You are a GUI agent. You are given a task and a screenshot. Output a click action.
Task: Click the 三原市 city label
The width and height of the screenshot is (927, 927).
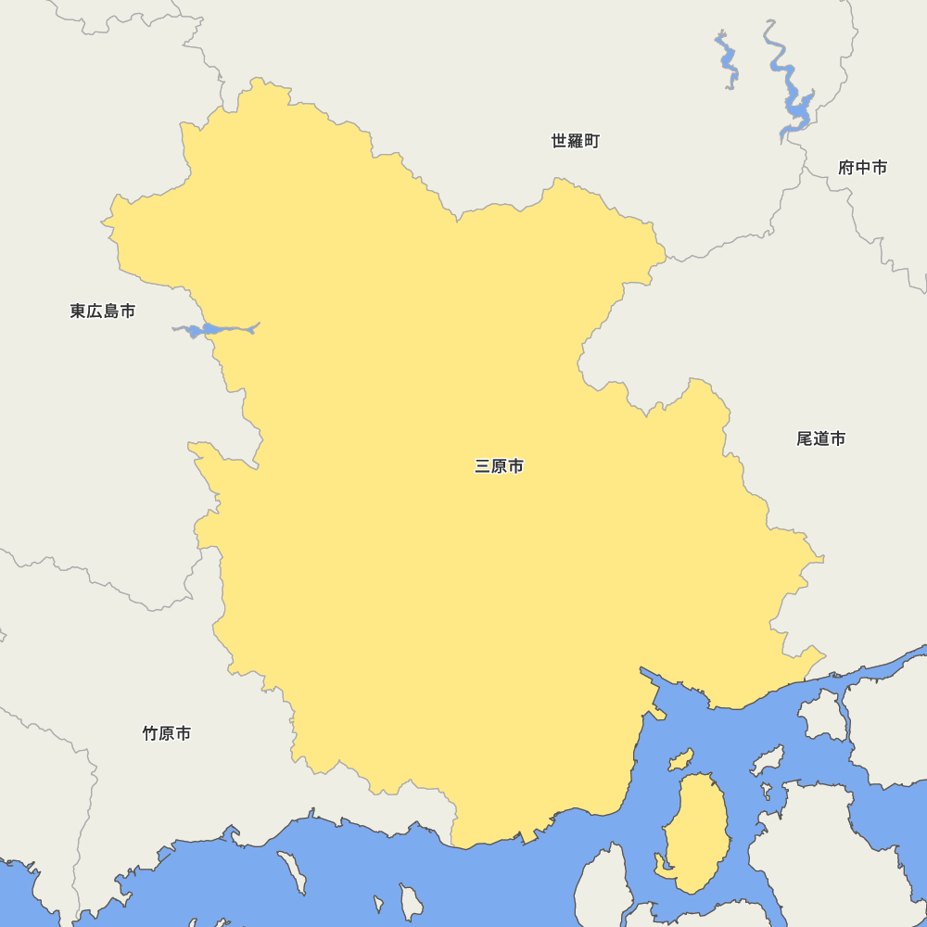(x=499, y=466)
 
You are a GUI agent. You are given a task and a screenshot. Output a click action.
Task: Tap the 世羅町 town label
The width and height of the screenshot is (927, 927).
(x=575, y=141)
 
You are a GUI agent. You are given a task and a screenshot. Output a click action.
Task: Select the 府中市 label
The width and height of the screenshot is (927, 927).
(x=862, y=168)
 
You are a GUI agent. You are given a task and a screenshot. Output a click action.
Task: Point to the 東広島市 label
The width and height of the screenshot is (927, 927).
(x=102, y=311)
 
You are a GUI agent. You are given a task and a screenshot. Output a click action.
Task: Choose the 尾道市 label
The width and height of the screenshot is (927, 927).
(x=820, y=438)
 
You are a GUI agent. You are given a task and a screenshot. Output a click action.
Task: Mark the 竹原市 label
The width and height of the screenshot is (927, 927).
(x=167, y=734)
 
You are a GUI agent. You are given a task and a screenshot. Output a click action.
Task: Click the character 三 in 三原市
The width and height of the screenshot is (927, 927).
(x=482, y=466)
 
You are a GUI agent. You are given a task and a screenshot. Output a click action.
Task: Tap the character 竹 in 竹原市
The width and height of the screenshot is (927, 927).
(x=150, y=734)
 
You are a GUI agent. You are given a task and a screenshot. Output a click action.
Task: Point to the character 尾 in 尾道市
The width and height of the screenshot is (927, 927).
(x=804, y=438)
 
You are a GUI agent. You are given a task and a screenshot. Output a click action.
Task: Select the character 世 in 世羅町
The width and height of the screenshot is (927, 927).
(x=559, y=141)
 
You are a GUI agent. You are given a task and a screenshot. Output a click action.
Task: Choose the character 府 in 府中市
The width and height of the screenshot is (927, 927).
(x=845, y=168)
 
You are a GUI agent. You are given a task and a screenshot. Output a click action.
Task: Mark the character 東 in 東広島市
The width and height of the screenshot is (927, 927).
(x=78, y=311)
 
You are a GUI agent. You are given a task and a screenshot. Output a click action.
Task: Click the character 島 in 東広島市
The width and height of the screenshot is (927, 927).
(x=110, y=311)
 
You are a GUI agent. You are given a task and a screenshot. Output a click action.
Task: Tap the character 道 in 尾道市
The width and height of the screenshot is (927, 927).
(x=820, y=438)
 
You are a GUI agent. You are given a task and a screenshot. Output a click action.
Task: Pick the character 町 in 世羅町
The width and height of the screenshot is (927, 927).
(x=591, y=141)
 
